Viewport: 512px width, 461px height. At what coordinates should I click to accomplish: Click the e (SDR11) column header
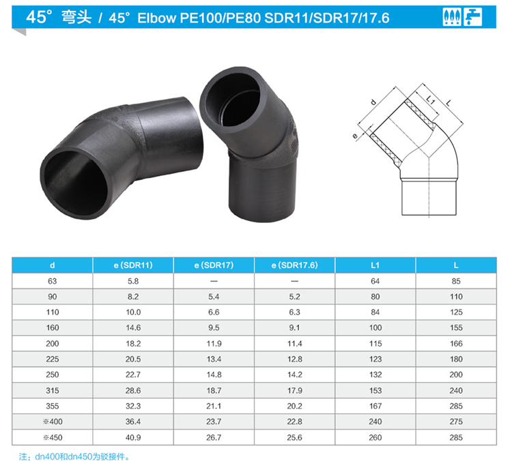point(133,265)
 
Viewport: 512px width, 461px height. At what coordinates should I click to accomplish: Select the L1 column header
point(375,265)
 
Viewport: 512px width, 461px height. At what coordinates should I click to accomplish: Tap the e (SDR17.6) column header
point(294,265)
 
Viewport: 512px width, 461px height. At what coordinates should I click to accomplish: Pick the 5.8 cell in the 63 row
point(133,281)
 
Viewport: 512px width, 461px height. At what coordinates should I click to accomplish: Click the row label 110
point(53,312)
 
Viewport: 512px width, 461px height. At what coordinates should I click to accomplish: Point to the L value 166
point(456,344)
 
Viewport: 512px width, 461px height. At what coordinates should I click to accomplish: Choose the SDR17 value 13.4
point(214,359)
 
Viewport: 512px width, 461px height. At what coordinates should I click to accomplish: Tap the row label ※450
point(53,437)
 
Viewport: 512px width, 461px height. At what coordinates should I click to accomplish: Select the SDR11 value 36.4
point(133,421)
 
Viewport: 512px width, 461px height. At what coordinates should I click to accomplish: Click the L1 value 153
point(375,391)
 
